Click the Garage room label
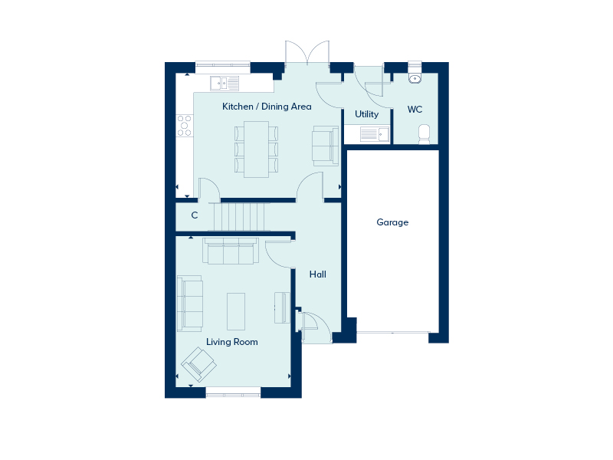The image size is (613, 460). (x=392, y=222)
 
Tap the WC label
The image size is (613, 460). (x=415, y=110)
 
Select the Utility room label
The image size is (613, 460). (x=367, y=114)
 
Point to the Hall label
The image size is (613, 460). (x=317, y=274)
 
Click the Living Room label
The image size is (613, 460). (x=232, y=342)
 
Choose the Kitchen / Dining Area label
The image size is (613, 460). (x=267, y=107)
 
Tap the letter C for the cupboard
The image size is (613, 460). (x=195, y=215)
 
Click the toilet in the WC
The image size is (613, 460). (x=424, y=135)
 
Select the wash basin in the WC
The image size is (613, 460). (x=415, y=78)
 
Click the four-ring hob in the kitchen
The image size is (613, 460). (x=185, y=126)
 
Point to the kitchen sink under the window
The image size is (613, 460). (x=225, y=84)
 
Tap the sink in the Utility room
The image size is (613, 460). (x=375, y=134)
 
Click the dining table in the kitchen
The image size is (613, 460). (x=257, y=149)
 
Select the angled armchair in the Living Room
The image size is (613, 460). (x=199, y=364)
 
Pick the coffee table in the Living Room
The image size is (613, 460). (x=236, y=311)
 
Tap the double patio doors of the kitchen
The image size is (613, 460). (x=307, y=53)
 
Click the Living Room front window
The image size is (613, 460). (x=233, y=393)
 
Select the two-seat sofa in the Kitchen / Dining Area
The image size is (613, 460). (x=325, y=146)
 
